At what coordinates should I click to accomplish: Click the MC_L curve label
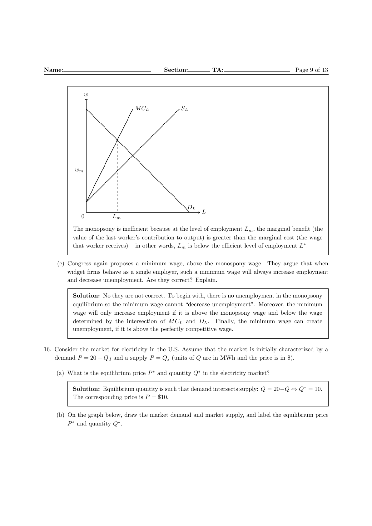click(142, 109)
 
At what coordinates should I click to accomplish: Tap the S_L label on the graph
click(185, 109)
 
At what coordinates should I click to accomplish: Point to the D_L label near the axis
click(191, 208)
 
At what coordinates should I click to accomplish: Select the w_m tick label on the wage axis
click(79, 170)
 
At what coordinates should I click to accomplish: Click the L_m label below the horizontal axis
click(117, 216)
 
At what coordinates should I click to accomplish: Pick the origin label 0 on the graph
click(83, 216)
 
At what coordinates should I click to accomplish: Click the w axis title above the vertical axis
click(86, 94)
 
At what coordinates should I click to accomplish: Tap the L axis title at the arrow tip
click(204, 212)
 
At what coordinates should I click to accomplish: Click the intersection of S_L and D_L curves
click(133, 155)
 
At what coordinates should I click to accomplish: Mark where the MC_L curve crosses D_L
click(117, 140)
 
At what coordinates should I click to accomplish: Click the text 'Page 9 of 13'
click(311, 70)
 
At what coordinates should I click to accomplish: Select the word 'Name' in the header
click(53, 70)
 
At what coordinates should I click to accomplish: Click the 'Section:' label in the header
click(176, 70)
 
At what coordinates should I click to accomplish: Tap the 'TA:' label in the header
click(218, 70)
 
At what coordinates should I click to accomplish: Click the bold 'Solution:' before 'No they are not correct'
click(86, 296)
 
